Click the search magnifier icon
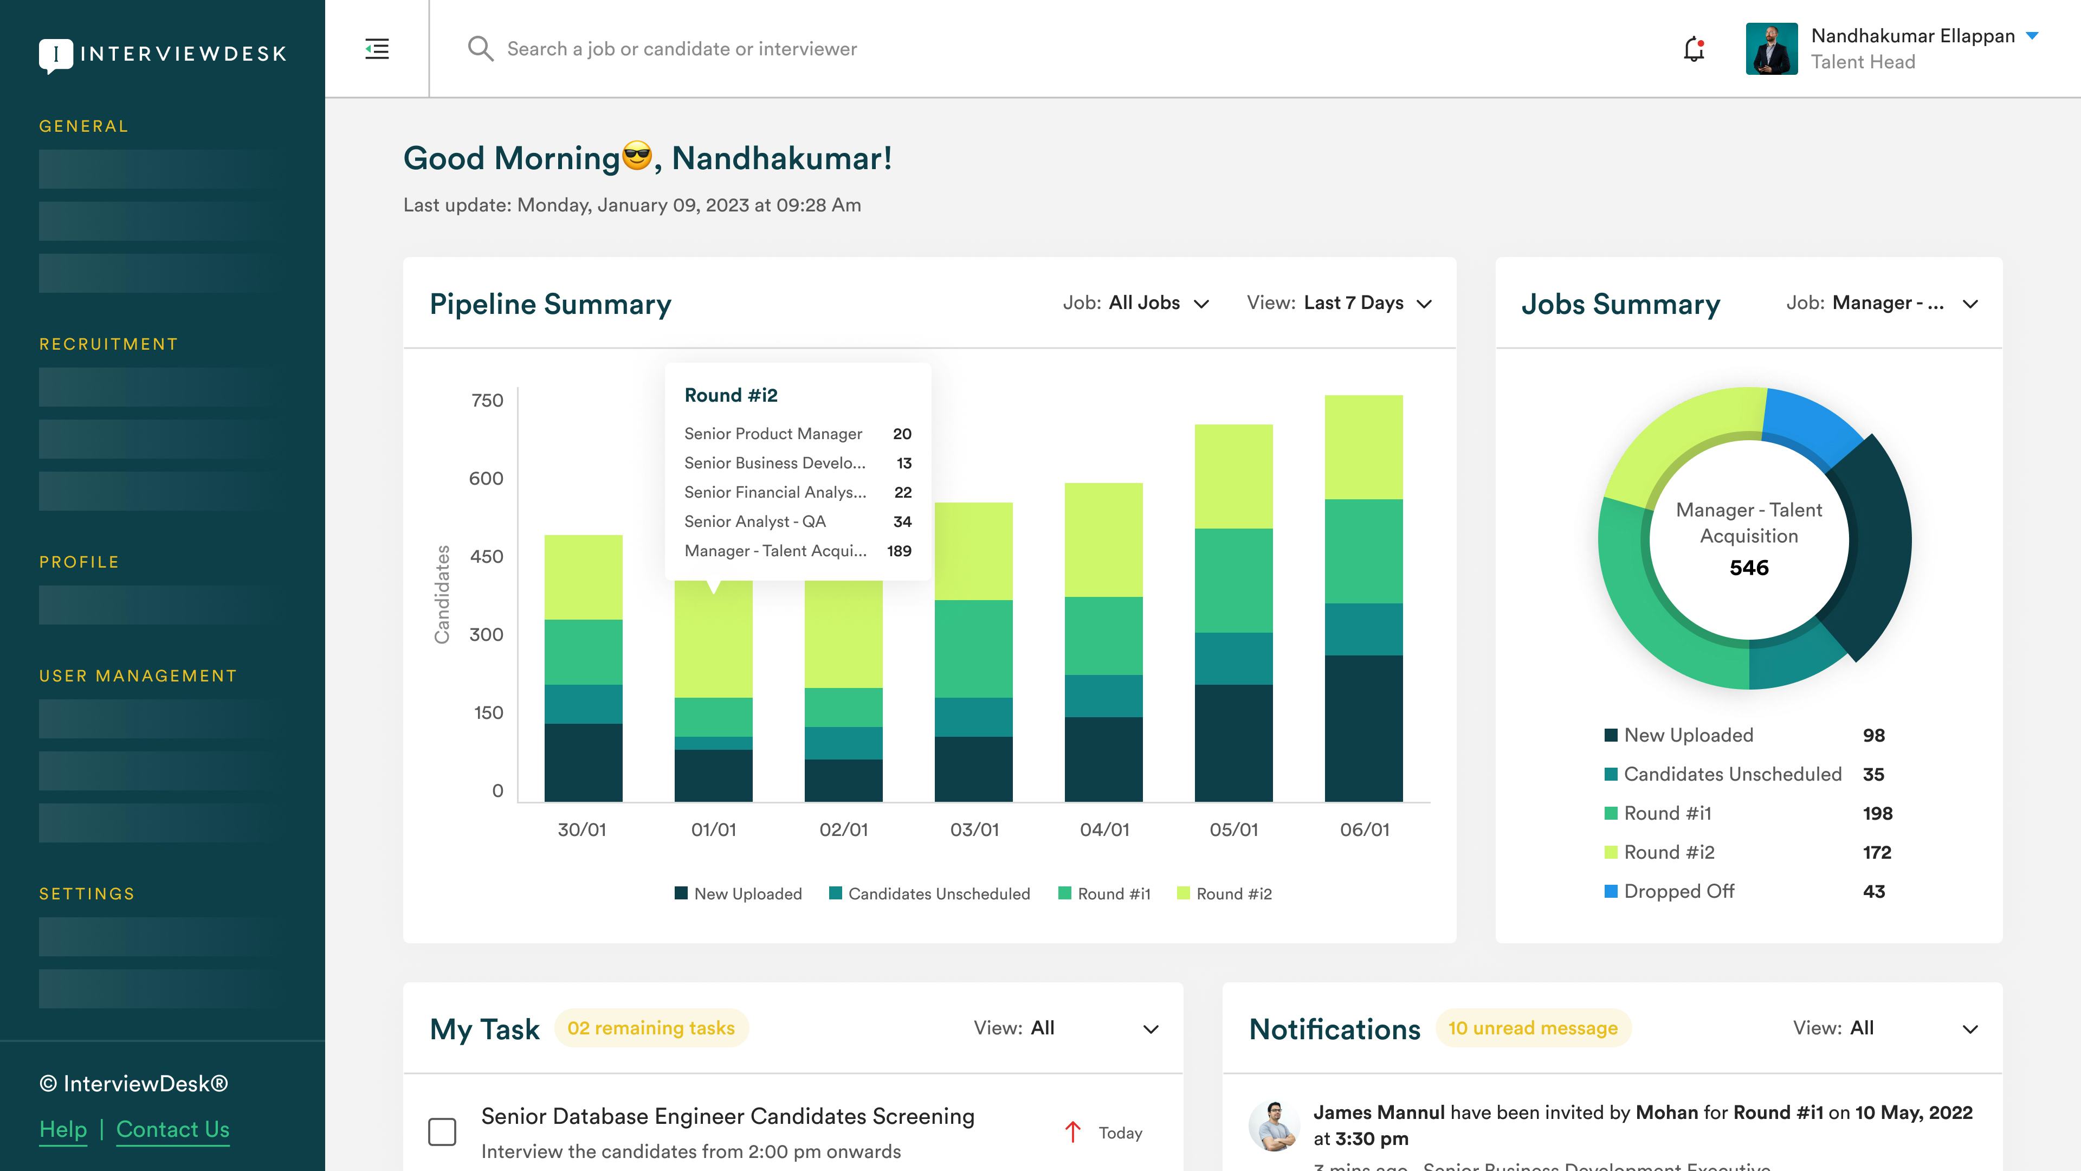(480, 48)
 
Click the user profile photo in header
(1771, 48)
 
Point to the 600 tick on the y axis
(486, 478)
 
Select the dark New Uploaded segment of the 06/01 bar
(1363, 728)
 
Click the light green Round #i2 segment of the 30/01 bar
(583, 576)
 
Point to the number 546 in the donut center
(1748, 568)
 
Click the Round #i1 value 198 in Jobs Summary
(1877, 814)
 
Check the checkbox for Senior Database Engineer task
(442, 1131)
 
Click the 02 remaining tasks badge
(650, 1028)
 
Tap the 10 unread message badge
(1533, 1028)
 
